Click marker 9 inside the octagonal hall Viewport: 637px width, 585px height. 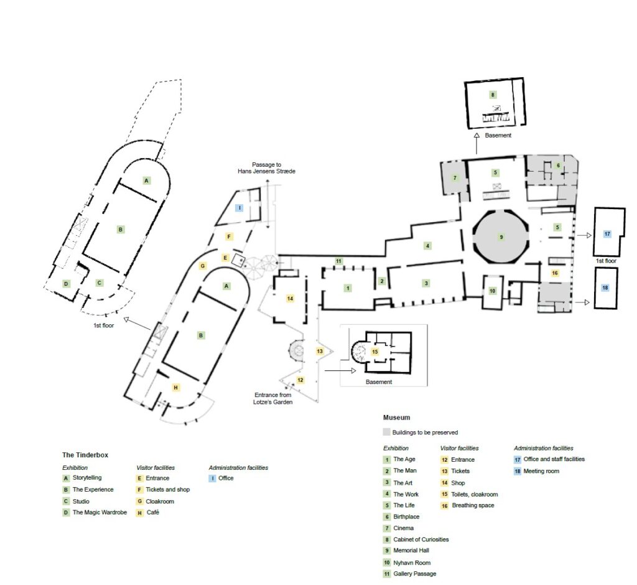click(x=501, y=237)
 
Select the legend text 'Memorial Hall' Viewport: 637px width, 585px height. click(x=411, y=550)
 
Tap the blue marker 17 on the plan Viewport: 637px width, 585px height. click(x=607, y=234)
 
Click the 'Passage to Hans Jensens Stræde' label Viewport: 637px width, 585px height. click(x=266, y=168)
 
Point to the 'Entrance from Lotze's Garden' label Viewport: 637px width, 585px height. click(x=272, y=398)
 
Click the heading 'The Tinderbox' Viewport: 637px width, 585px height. click(x=85, y=455)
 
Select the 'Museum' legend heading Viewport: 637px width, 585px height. click(x=396, y=418)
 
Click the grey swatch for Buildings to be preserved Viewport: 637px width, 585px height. click(x=386, y=432)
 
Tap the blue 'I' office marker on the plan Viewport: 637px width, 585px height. click(x=239, y=208)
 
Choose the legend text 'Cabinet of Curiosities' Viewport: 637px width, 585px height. click(x=421, y=540)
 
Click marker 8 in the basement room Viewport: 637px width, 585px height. click(x=493, y=95)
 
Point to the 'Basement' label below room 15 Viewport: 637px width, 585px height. click(x=379, y=381)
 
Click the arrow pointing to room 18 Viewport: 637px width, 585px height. click(x=582, y=302)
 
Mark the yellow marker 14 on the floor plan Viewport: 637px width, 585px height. click(x=290, y=298)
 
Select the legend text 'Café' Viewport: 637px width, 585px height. click(x=153, y=512)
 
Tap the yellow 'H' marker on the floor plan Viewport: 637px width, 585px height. click(x=175, y=388)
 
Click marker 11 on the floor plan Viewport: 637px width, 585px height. click(x=338, y=261)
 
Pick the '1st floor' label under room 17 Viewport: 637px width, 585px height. click(x=606, y=261)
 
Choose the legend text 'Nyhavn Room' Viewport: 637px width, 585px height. click(x=412, y=563)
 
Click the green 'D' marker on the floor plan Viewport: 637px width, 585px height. click(x=66, y=283)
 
